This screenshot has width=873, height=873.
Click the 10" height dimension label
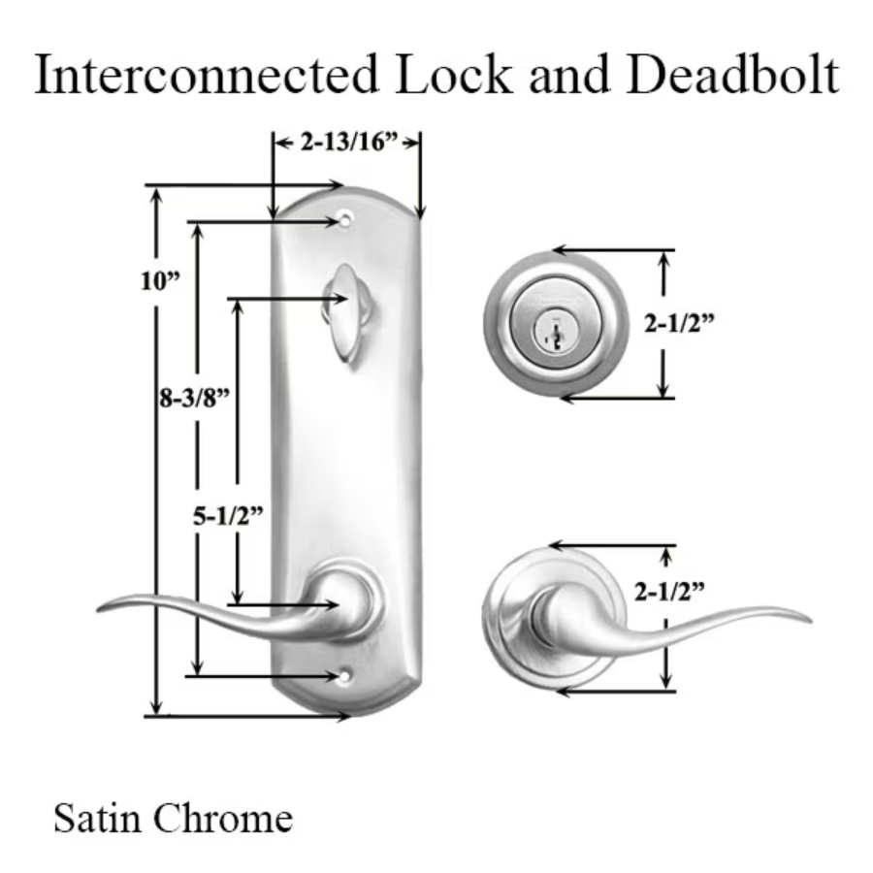(x=160, y=281)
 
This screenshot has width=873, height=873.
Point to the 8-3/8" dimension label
(x=198, y=397)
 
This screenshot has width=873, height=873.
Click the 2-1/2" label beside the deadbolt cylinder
(x=679, y=324)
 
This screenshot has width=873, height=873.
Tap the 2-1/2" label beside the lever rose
(x=669, y=590)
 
